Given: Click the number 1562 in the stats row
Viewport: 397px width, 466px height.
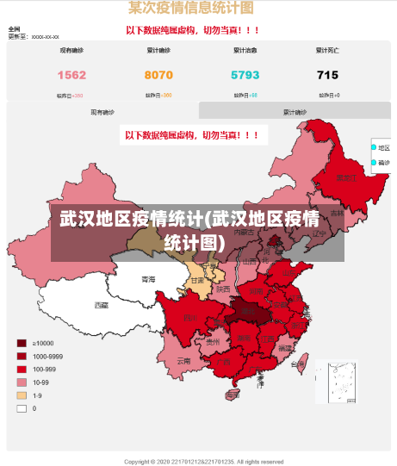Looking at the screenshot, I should pos(71,75).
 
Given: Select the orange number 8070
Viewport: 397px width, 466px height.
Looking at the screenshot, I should pos(158,75).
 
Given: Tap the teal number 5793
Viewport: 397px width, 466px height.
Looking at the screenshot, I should pos(245,75).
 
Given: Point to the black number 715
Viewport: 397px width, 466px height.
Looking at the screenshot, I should pos(327,75).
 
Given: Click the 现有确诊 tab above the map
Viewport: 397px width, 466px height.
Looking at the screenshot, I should pos(102,112).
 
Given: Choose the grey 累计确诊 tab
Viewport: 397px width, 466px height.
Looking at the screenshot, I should pos(295,112).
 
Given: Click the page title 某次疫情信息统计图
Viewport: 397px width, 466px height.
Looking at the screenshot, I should pos(190,9).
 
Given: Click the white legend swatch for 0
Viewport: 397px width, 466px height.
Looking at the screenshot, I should pos(21,408).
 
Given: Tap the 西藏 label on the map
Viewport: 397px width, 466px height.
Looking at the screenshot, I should pos(102,305).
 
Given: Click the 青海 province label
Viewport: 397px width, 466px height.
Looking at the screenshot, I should pos(148,279).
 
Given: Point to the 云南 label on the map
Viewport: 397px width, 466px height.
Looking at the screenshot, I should pos(183,361).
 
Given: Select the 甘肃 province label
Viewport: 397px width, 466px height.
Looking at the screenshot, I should pos(197,280).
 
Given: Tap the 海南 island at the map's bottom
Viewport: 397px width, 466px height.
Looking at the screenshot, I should pos(239,396).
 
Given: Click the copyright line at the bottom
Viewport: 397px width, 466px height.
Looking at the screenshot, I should pos(203,461).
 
